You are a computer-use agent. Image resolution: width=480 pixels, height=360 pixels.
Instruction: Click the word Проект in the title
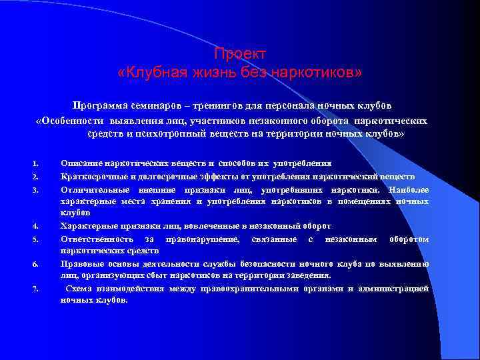pos(240,53)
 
